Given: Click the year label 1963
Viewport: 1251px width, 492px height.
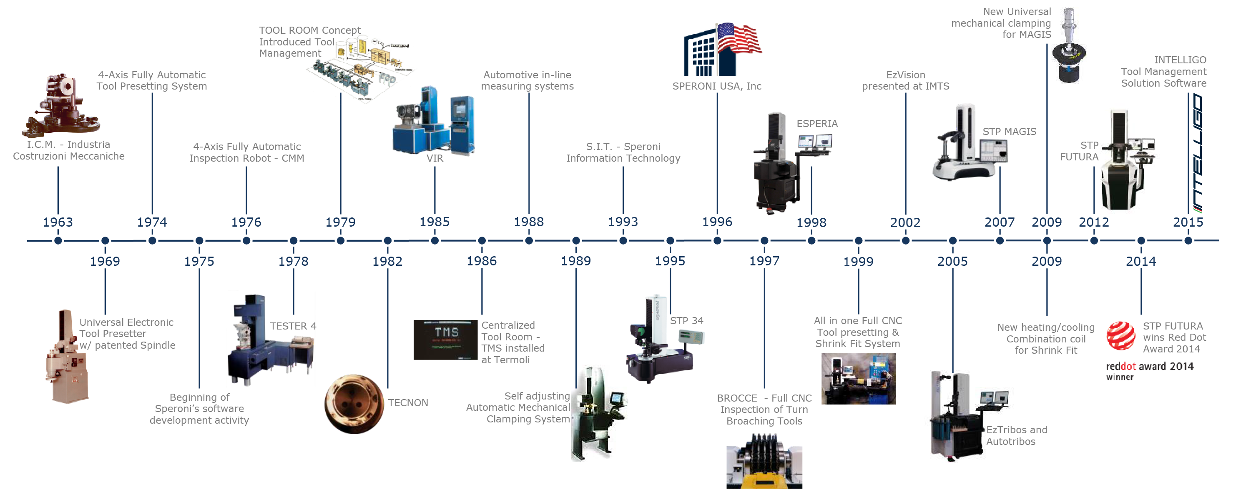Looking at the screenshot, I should click(58, 222).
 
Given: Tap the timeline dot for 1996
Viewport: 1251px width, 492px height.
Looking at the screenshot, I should click(717, 241).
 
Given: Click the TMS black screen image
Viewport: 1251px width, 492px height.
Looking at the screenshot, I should click(445, 340).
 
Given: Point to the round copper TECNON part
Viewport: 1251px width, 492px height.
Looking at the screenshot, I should click(354, 404).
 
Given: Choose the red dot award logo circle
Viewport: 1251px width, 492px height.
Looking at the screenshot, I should click(1120, 336).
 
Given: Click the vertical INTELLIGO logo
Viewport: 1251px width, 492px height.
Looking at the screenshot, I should click(1198, 153).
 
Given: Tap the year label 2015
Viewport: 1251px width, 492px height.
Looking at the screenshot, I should click(1188, 222).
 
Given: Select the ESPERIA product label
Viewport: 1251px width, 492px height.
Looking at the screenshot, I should click(817, 124).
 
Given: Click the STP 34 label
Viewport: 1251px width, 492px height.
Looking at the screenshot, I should click(686, 321).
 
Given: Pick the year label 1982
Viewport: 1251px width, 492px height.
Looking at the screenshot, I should click(387, 262).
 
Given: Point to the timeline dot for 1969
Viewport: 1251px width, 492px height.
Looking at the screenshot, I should click(105, 241).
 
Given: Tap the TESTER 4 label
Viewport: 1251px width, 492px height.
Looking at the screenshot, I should click(293, 326).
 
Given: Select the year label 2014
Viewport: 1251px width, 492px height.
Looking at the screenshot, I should click(1141, 262).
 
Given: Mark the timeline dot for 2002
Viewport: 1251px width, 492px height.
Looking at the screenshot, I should click(905, 241).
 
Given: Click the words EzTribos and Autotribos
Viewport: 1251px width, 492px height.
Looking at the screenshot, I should click(1017, 436).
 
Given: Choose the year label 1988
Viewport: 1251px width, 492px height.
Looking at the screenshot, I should click(528, 222).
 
